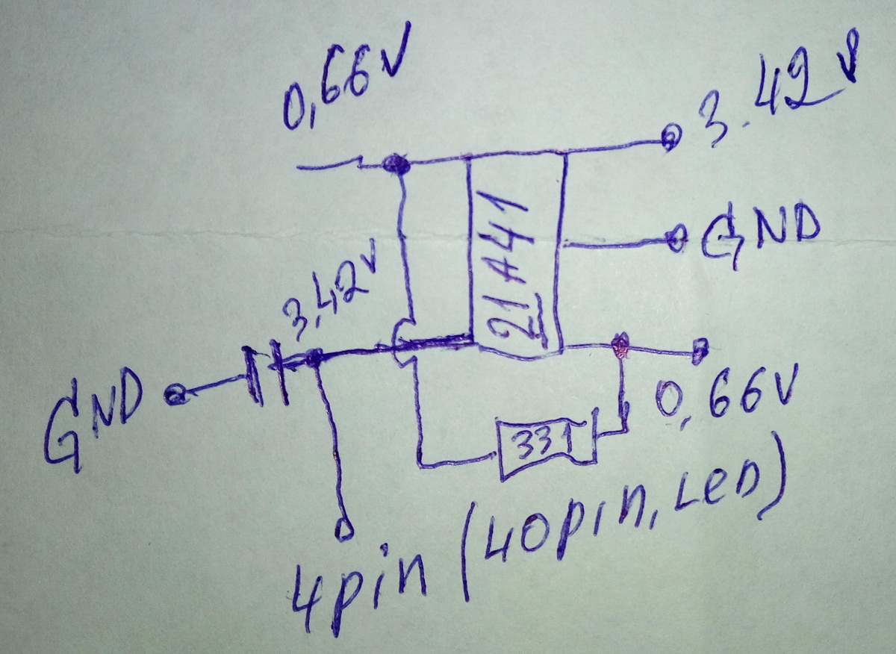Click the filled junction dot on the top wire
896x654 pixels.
tap(393, 164)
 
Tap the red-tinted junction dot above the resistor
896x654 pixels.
tap(618, 345)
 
